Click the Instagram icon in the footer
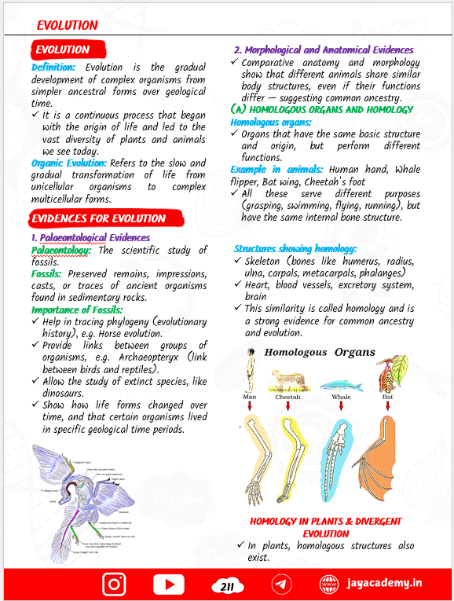[x=115, y=585]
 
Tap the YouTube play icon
[x=168, y=585]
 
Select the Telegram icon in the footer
[x=282, y=585]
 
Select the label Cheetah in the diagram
[x=287, y=398]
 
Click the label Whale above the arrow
[x=341, y=398]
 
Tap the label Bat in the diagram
[x=388, y=398]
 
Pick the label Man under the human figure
[x=249, y=398]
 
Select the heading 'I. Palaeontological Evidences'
[x=90, y=237]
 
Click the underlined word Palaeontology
[x=61, y=250]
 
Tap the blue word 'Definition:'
[x=53, y=68]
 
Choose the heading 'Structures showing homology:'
[x=295, y=248]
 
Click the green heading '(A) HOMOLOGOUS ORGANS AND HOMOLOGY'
[x=322, y=110]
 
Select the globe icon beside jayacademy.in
[x=328, y=585]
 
